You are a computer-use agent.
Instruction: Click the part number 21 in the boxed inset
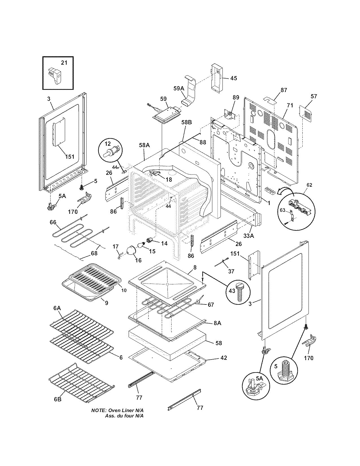[64, 62]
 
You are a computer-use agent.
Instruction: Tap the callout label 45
[234, 78]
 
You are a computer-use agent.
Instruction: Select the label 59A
[178, 88]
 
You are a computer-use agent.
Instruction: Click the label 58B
[186, 122]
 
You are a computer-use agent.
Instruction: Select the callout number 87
[283, 90]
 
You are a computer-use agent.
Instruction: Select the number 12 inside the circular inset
[108, 144]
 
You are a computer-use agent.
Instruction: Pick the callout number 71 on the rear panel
[290, 106]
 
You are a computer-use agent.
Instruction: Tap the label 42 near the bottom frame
[223, 358]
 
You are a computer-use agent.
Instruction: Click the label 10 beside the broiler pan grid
[124, 290]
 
